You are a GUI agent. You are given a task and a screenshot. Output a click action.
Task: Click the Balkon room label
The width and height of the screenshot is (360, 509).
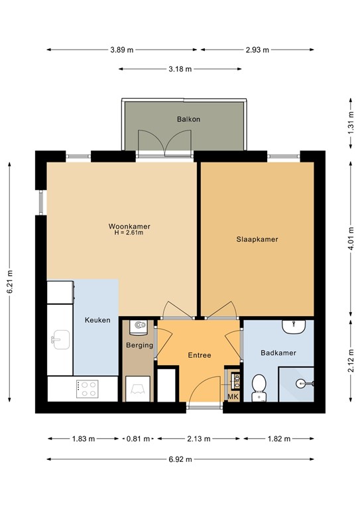(188, 119)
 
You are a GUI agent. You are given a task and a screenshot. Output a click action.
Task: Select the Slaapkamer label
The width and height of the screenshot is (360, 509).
(257, 239)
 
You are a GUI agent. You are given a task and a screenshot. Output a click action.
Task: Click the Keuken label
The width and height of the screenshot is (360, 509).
(97, 320)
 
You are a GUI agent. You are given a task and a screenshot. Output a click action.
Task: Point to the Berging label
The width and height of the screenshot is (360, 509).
(139, 345)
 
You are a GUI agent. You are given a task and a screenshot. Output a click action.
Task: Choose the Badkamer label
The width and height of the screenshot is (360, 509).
(278, 353)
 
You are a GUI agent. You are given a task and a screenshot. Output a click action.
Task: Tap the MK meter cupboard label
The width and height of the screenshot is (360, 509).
(233, 396)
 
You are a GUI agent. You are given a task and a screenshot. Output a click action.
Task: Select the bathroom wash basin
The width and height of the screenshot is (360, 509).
(293, 327)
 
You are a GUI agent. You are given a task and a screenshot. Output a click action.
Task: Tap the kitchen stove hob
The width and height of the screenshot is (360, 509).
(88, 388)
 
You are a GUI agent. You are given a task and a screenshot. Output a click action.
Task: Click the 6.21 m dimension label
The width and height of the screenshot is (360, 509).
(10, 282)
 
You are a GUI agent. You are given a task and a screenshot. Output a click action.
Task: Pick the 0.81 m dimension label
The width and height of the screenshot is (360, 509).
(138, 439)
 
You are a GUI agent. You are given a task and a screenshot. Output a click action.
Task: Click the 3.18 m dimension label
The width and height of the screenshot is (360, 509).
(180, 69)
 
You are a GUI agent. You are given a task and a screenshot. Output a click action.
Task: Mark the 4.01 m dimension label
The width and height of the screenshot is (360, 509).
(351, 235)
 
